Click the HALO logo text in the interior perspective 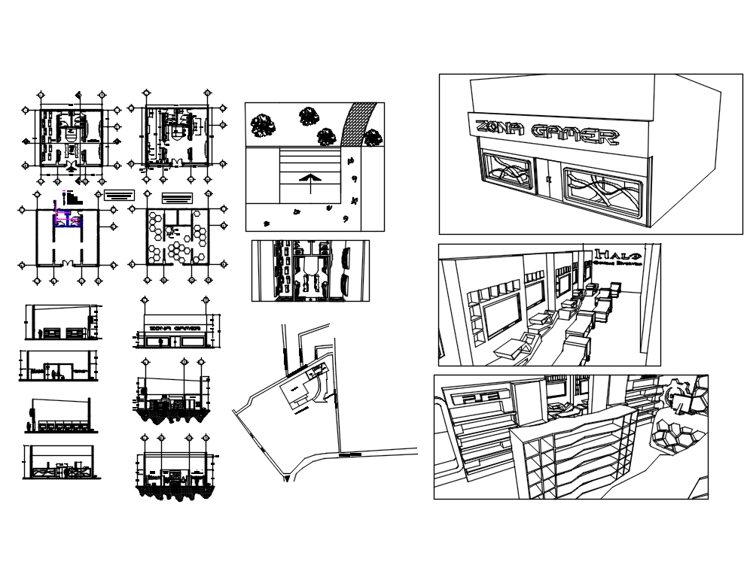[x=617, y=255]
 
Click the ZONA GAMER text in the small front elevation [x=175, y=329]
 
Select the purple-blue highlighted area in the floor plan [x=61, y=217]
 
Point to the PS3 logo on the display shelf [x=474, y=399]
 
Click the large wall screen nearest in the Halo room [x=501, y=313]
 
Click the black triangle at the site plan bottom [x=285, y=477]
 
